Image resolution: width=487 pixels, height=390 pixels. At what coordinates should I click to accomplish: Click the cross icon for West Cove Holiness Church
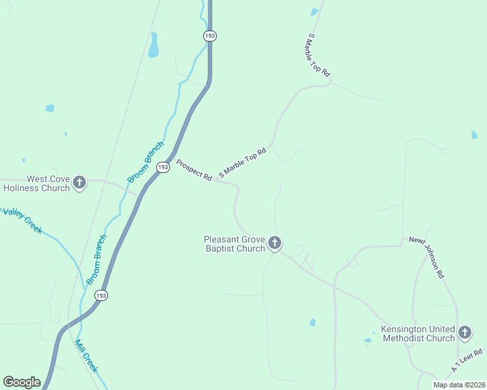coord(79,183)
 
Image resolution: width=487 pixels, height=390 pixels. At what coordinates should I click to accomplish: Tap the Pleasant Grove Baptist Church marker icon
coord(275,244)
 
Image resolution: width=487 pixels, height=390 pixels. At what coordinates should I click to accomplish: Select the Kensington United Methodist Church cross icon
coord(464,333)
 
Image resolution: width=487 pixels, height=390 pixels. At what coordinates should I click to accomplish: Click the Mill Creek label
coord(86,356)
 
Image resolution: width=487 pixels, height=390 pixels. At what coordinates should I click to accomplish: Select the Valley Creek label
coord(23,221)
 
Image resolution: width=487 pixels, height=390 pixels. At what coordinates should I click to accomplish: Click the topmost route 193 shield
coord(210,36)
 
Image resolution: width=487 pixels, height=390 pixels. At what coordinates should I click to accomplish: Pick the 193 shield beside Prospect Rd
coord(163,167)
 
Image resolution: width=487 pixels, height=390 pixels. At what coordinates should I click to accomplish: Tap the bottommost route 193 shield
coord(100,296)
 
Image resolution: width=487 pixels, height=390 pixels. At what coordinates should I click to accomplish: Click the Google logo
coord(21,382)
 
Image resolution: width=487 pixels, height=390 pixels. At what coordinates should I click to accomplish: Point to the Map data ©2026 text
coord(458,385)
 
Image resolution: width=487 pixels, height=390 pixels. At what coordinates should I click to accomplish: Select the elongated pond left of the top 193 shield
coord(154,45)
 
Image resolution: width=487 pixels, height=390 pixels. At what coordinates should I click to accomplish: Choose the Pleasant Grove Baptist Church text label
coord(234,244)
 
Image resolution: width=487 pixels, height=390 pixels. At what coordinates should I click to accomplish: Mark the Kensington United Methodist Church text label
coord(418,333)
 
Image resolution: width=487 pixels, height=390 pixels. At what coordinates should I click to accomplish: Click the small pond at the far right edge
coord(474,135)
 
